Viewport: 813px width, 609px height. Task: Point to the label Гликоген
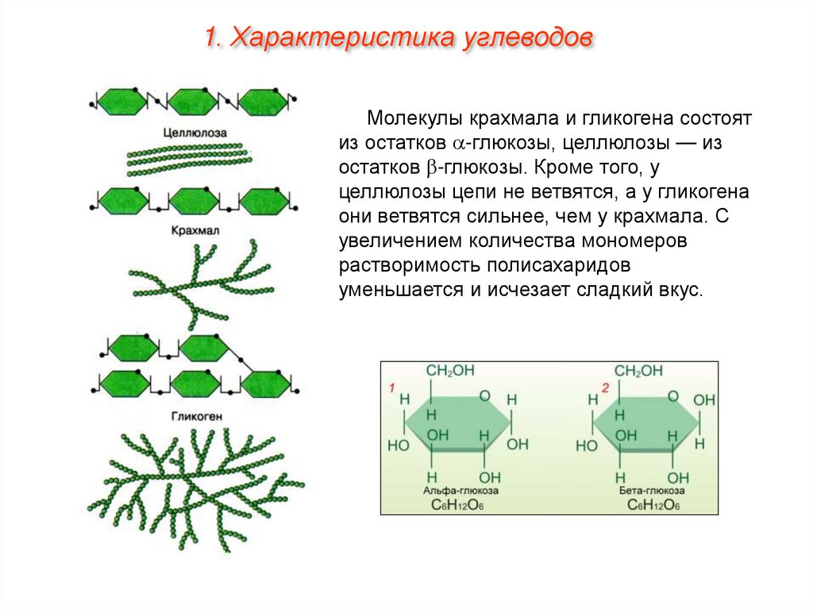pyautogui.click(x=195, y=416)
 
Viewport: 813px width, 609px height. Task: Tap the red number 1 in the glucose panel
pyautogui.click(x=391, y=387)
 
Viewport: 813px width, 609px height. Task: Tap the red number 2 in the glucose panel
pyautogui.click(x=605, y=387)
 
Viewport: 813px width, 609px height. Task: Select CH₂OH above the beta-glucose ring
pyautogui.click(x=639, y=371)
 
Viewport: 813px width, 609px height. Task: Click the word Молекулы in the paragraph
pyautogui.click(x=414, y=119)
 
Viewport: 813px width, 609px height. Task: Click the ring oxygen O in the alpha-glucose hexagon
pyautogui.click(x=484, y=395)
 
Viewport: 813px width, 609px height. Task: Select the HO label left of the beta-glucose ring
pyautogui.click(x=586, y=446)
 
